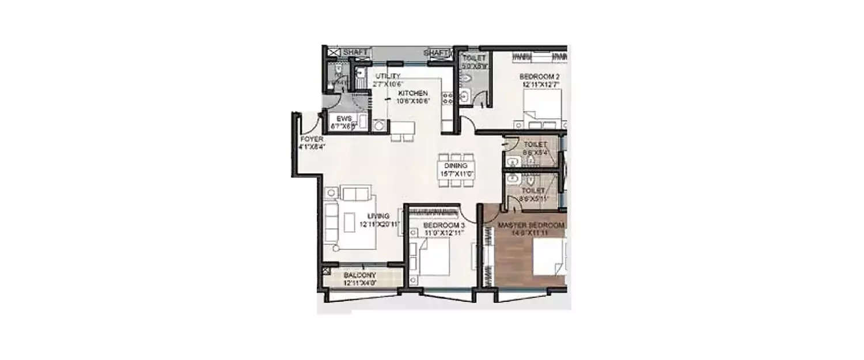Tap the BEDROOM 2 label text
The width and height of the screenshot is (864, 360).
(540, 76)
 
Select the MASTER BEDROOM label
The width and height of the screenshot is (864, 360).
(531, 225)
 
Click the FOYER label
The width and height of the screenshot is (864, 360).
(312, 139)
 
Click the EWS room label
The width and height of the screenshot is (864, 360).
(344, 119)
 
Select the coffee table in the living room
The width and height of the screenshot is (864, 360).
(350, 222)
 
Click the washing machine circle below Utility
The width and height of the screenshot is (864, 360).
(379, 126)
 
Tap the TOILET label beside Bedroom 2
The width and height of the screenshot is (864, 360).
(473, 58)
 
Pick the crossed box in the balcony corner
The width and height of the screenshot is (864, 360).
(326, 268)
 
